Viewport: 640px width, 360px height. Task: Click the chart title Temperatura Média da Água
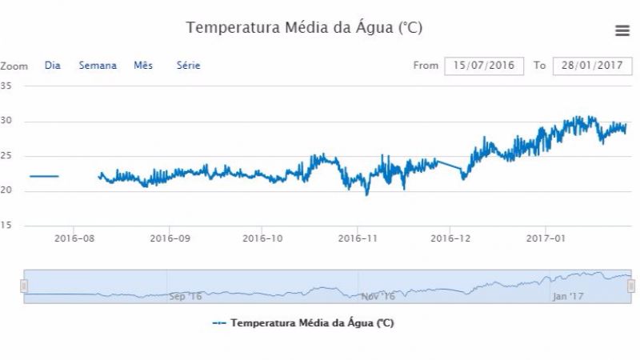pos(304,28)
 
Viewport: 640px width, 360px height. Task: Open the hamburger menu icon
pos(622,30)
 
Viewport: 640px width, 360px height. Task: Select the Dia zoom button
pos(53,66)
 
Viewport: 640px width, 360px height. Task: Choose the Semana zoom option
pos(98,66)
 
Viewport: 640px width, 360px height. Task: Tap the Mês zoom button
pos(143,66)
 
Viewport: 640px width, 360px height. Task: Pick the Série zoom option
pos(188,66)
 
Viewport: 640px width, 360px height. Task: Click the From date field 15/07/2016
pos(484,66)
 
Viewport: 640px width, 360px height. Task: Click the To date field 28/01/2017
pos(592,66)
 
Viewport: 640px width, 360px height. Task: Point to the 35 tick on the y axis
pos(6,86)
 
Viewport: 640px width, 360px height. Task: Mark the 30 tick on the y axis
pos(6,122)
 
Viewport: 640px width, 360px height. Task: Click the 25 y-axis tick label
pos(6,156)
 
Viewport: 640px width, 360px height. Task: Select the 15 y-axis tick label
pos(6,226)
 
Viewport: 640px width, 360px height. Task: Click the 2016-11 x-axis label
pos(358,238)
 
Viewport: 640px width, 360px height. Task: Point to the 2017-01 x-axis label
pos(546,238)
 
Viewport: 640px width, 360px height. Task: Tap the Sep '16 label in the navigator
pos(185,296)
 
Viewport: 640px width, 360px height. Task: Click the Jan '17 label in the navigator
pos(569,296)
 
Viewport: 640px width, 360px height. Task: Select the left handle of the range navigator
pos(24,286)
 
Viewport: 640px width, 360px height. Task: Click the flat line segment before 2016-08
pos(44,176)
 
